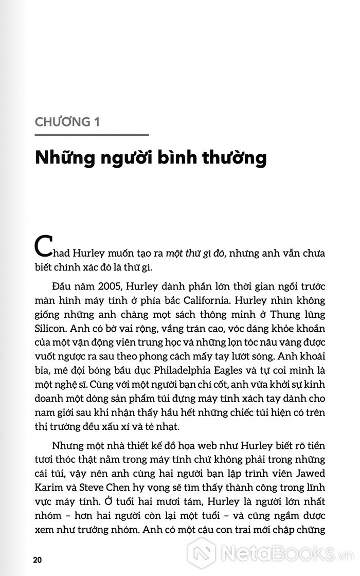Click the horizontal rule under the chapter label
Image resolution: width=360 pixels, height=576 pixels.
92,135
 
